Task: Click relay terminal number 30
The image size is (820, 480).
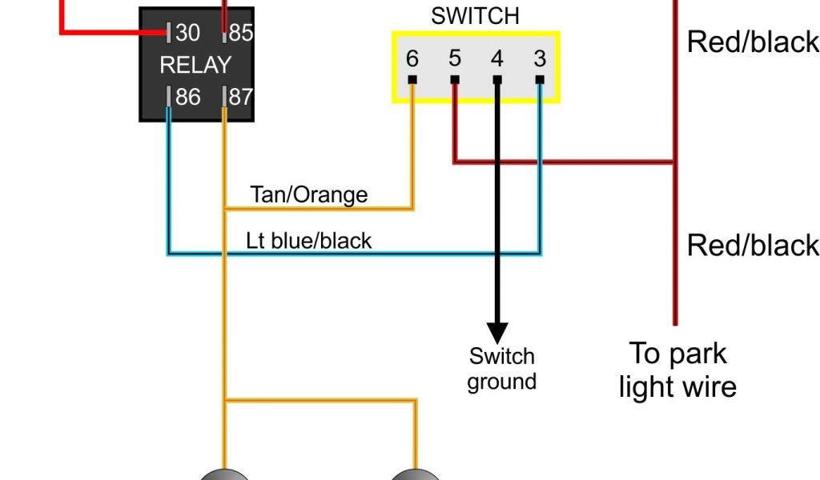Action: point(187,33)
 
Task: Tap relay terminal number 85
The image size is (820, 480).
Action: point(241,33)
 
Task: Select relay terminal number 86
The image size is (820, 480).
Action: point(187,97)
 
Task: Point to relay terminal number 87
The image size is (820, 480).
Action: point(241,97)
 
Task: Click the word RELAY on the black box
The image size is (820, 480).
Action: point(195,66)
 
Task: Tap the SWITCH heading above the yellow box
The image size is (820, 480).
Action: point(476,16)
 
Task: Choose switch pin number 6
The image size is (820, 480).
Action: point(412,58)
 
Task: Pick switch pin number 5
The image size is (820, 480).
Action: point(455,58)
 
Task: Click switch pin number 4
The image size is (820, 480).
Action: point(497,58)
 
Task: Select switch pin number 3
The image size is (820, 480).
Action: point(540,58)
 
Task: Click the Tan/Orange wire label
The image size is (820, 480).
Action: point(309,195)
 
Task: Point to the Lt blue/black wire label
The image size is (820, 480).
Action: point(308,241)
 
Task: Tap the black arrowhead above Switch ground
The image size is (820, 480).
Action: point(497,333)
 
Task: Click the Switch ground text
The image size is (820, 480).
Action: point(501,370)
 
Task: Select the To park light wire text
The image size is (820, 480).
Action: point(677,370)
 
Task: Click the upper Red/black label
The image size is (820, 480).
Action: point(753,42)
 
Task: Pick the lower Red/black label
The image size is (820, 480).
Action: point(753,246)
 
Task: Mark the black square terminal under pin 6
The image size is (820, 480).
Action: point(412,80)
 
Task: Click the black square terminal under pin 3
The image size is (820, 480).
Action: point(540,80)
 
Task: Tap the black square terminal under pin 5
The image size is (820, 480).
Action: point(455,80)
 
